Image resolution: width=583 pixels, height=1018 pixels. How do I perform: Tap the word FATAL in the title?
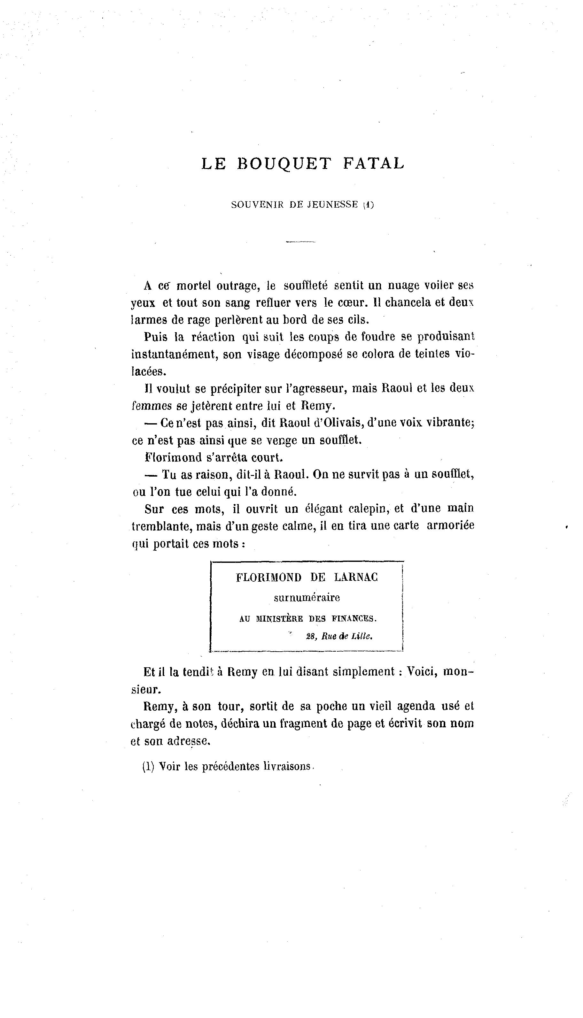(x=373, y=164)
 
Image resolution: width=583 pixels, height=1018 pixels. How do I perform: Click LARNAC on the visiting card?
(x=356, y=578)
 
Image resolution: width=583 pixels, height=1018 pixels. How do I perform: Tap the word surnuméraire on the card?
(x=307, y=598)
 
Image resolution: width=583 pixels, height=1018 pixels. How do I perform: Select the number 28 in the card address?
(x=311, y=637)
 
